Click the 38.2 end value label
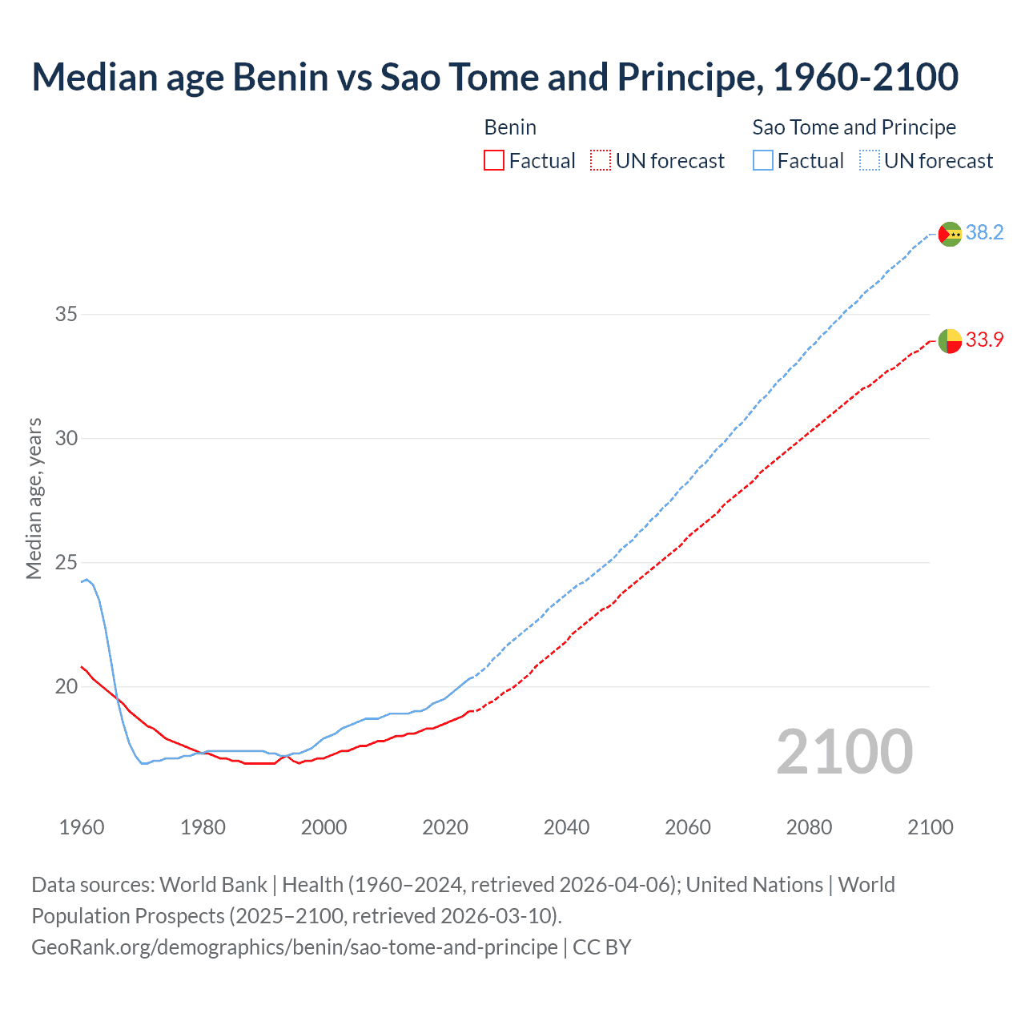pos(984,233)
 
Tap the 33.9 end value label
pos(984,340)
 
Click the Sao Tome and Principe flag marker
pos(950,234)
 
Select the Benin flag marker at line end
pos(950,340)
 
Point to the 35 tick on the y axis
pos(66,314)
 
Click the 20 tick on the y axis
pos(66,686)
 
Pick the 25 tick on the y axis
pos(66,562)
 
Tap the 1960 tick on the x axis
pos(82,827)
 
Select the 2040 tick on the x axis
pos(566,827)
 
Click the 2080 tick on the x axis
pos(809,827)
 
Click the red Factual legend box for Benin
pos(494,161)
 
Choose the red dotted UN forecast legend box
pos(601,161)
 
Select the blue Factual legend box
pos(763,161)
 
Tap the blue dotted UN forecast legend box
pos(870,161)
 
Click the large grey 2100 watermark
pos(845,752)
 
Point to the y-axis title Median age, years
pos(34,498)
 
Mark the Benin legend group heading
pos(510,127)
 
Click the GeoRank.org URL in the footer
pos(295,947)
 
